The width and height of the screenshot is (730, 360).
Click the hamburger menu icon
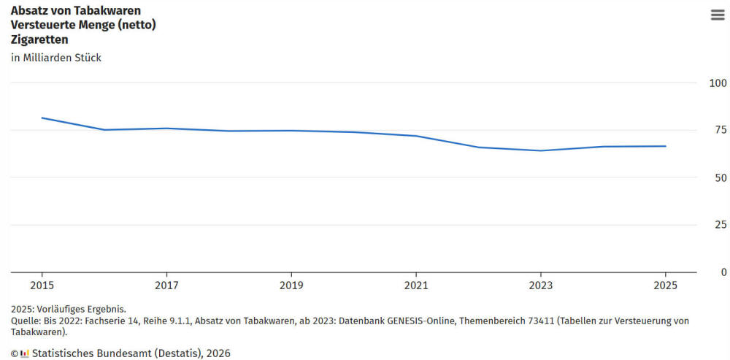(x=717, y=15)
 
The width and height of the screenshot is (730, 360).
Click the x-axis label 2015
(x=42, y=285)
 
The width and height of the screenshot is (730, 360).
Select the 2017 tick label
(x=166, y=285)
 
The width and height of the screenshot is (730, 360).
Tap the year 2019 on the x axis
(x=291, y=285)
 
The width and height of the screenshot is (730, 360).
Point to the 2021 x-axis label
(x=416, y=285)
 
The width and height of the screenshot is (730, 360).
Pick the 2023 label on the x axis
(x=540, y=285)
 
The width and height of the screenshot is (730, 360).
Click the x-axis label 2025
(x=665, y=285)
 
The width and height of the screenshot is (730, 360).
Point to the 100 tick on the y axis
(x=718, y=83)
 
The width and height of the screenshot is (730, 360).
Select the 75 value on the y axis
(x=721, y=130)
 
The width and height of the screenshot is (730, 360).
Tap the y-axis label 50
(x=721, y=177)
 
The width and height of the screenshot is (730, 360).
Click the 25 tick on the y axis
(x=721, y=225)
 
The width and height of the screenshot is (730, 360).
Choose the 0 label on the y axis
(x=723, y=272)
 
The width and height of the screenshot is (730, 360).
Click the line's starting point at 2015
(x=42, y=118)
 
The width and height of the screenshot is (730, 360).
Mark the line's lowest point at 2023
(x=540, y=150)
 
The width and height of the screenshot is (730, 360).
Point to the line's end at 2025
(x=665, y=146)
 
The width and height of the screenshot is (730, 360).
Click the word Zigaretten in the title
(x=39, y=39)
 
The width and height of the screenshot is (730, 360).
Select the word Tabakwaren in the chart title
(x=110, y=10)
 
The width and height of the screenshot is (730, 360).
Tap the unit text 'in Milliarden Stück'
(x=56, y=58)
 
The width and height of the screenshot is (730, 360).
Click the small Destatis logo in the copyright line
(x=24, y=353)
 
